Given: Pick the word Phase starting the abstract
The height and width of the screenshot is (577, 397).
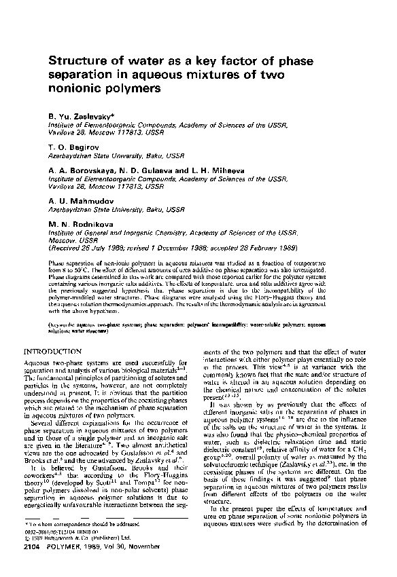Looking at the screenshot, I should tap(56, 262).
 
